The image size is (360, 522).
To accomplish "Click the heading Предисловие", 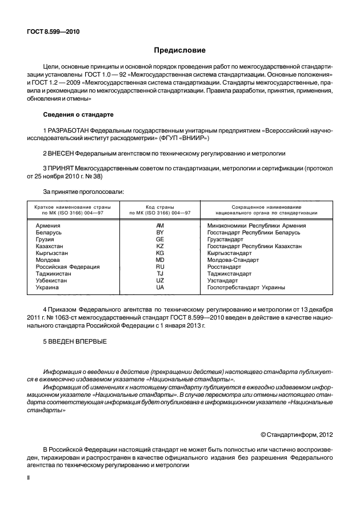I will point(179,50).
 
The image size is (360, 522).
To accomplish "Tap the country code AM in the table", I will point(160,225).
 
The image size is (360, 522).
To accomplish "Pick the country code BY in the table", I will point(160,233).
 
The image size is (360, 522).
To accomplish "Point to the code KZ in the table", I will point(160,246).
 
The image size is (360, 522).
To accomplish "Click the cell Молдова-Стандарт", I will point(233,260).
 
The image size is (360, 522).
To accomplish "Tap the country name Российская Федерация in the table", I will point(67,266).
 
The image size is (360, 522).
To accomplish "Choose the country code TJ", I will point(160,273).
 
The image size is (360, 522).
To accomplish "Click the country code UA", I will point(160,287).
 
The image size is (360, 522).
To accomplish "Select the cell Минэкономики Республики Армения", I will point(256,225).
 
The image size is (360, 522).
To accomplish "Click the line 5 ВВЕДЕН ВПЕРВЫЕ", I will point(74,342).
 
